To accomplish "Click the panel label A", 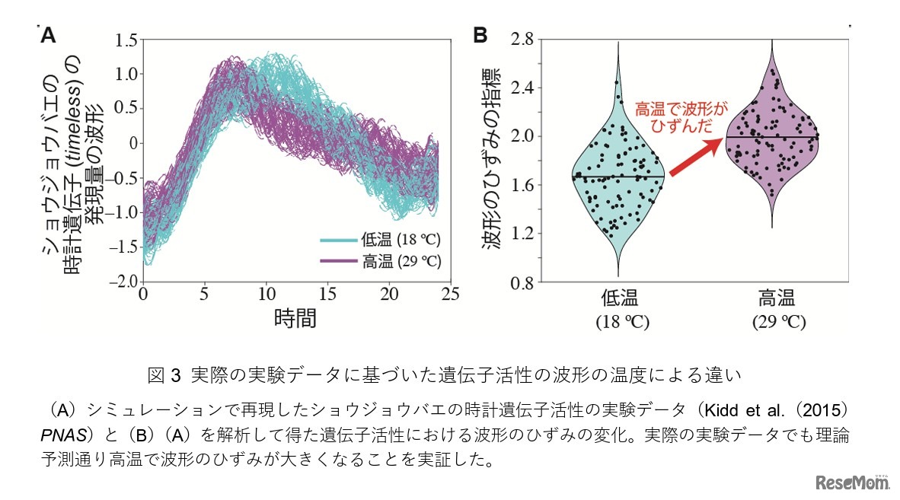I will pyautogui.click(x=48, y=35).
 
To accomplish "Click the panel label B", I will pyautogui.click(x=481, y=35).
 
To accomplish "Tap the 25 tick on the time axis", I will pyautogui.click(x=451, y=293).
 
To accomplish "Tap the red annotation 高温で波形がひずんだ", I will pyautogui.click(x=681, y=116).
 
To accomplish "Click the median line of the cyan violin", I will pyautogui.click(x=618, y=177).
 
